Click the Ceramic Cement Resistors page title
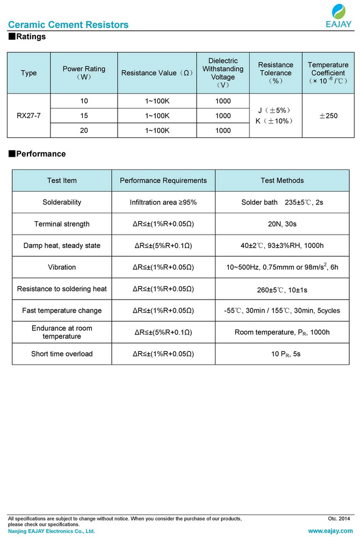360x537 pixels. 68,25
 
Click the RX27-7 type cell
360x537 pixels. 28,115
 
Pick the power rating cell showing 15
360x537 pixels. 84,115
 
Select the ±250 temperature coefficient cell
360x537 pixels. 328,115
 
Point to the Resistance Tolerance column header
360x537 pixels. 276,73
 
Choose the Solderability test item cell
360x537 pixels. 62,202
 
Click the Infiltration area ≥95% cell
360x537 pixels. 163,202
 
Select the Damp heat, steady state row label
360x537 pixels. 62,245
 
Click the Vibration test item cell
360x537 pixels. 62,267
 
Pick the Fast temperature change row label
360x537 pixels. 62,310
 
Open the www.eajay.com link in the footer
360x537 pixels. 330,531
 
